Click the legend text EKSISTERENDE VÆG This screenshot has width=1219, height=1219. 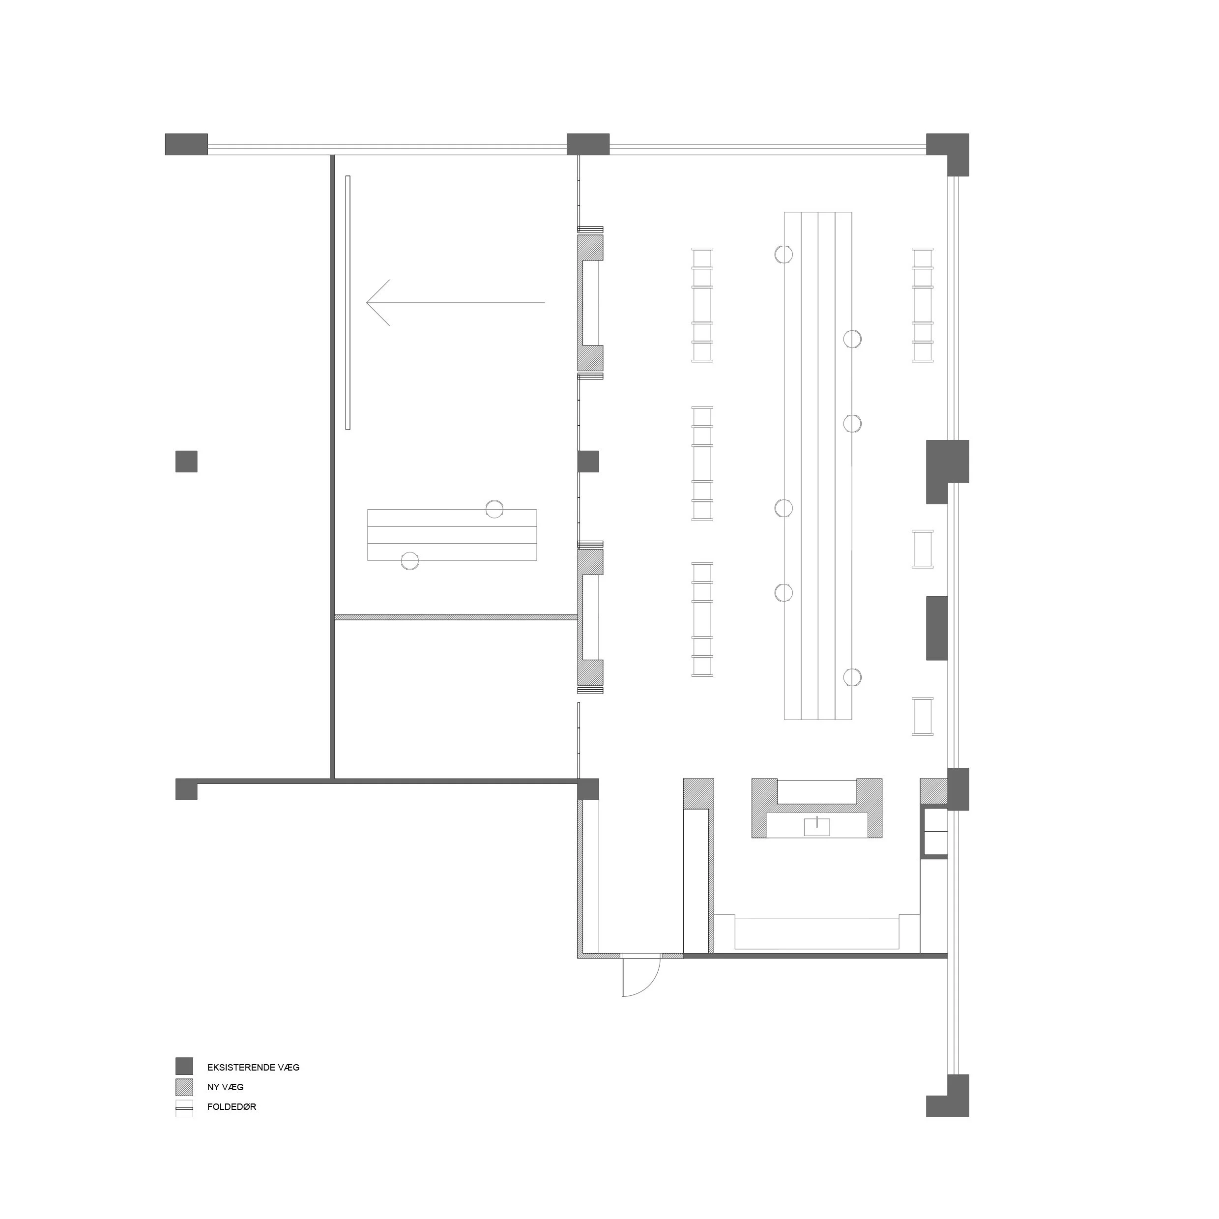[x=253, y=1068]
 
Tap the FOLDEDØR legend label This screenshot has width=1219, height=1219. [x=232, y=1107]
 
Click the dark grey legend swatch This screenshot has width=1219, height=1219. [x=184, y=1066]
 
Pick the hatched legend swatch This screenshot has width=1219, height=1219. [x=184, y=1086]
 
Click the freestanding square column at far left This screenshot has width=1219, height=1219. [x=186, y=461]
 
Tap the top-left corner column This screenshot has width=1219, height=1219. [x=187, y=145]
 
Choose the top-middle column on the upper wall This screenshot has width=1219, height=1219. [x=588, y=145]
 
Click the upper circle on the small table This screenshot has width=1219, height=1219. [x=494, y=509]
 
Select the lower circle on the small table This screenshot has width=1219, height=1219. [x=410, y=560]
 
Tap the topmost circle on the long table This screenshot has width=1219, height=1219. [x=784, y=254]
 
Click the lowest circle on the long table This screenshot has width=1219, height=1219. [x=852, y=676]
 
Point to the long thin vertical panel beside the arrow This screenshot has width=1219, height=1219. [x=348, y=303]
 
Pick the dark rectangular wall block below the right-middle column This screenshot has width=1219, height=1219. [x=937, y=628]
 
